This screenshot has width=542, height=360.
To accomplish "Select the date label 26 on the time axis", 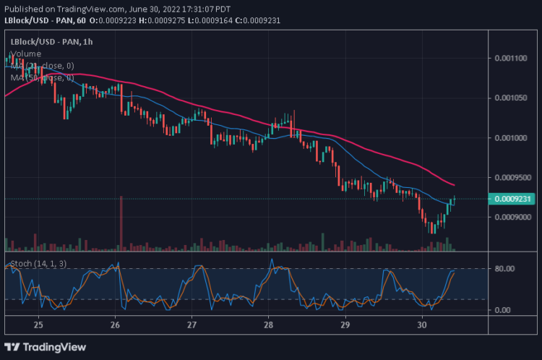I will click(116, 325).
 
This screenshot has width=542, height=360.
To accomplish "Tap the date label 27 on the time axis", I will click(192, 325).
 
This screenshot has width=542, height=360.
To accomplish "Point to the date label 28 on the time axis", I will click(269, 325).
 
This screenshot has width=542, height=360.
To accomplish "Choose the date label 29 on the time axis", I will click(345, 325).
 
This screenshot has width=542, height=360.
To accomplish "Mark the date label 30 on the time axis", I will click(423, 325).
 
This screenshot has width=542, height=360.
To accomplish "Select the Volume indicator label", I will click(26, 53).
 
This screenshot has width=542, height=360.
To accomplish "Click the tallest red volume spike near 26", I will click(121, 224).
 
